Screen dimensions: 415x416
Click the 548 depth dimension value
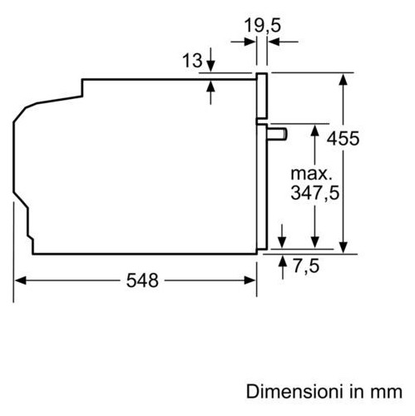coord(142,280)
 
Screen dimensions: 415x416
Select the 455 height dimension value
coord(343,138)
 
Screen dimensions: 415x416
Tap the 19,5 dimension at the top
coord(263,26)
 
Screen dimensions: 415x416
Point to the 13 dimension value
coord(192,61)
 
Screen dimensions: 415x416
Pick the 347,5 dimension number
coord(315,193)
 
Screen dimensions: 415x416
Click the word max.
coord(311,174)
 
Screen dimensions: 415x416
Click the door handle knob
coord(277,134)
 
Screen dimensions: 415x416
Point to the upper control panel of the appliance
coord(261,95)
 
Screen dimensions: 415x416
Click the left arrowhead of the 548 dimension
coord(20,280)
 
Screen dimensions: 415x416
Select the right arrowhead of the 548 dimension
coord(249,280)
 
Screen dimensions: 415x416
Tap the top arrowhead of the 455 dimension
coord(343,79)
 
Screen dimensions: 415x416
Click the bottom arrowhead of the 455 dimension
coord(343,247)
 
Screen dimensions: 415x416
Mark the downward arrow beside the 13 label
coord(211,60)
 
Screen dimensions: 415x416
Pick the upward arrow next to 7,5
coord(283,267)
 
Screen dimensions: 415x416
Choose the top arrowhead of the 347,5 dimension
coord(314,130)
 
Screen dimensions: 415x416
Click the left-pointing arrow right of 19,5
coord(283,42)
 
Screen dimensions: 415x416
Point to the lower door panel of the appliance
coord(262,186)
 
